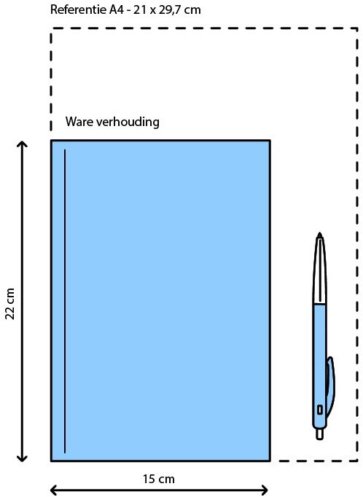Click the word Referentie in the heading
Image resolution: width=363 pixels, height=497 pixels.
(78, 9)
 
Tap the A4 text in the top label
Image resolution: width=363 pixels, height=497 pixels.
(117, 9)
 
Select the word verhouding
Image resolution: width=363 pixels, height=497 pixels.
(128, 122)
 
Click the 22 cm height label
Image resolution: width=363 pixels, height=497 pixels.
(10, 304)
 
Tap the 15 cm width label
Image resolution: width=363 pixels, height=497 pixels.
(158, 479)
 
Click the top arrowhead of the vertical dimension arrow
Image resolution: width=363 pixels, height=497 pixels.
(22, 144)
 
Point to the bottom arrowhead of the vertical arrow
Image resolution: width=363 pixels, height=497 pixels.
(22, 458)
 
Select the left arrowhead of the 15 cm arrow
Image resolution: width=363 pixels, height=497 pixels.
(54, 490)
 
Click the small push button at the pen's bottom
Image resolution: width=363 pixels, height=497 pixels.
(319, 434)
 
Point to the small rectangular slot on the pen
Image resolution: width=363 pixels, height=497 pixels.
(320, 410)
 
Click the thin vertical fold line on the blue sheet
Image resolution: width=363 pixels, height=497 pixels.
(65, 301)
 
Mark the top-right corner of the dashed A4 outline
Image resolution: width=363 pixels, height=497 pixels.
(358, 28)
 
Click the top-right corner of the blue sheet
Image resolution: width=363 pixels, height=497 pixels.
(270, 141)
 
